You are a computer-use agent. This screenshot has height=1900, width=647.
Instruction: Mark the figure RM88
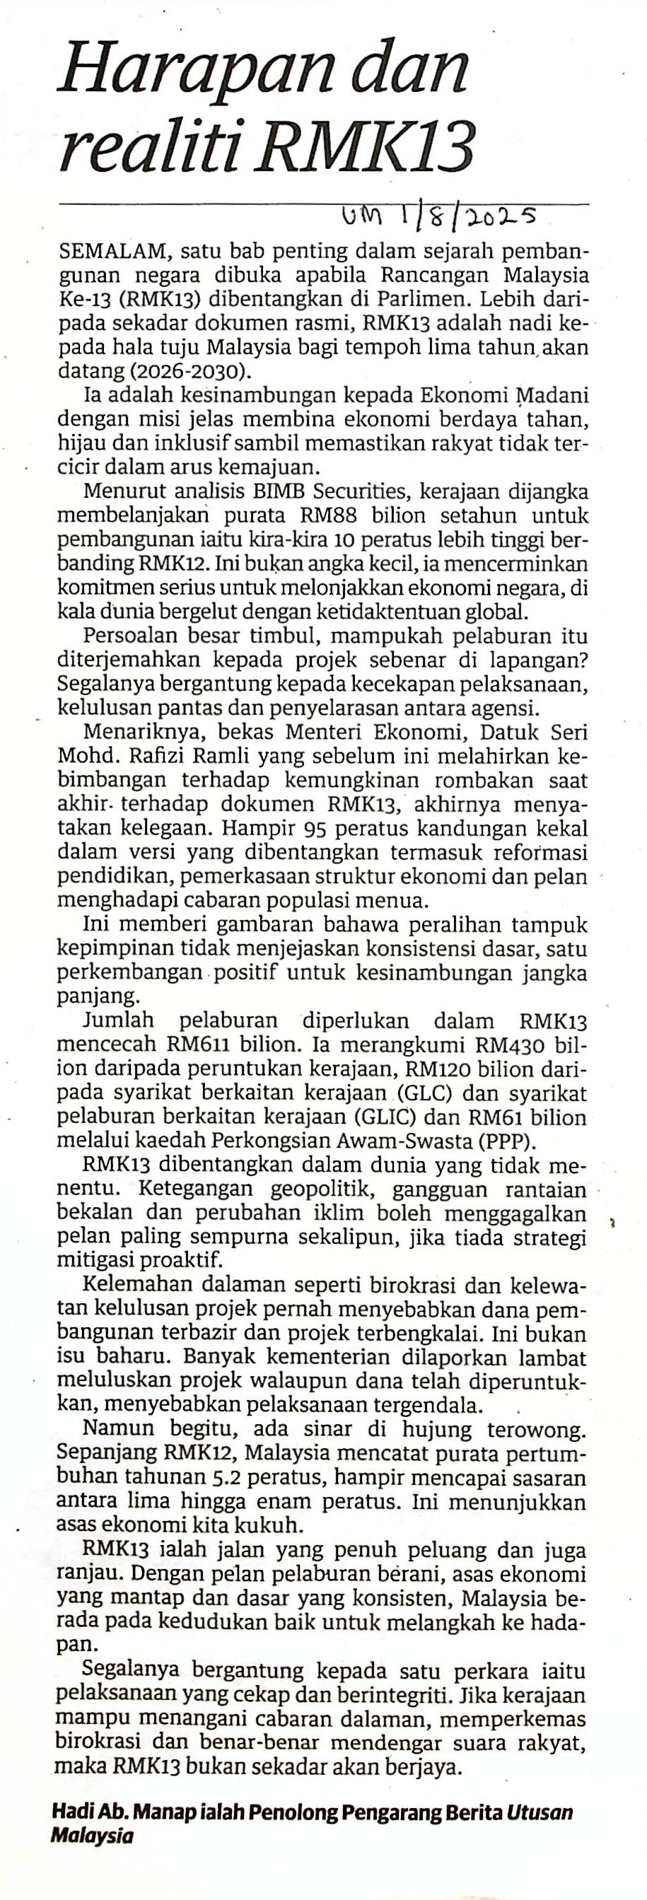(x=325, y=515)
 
